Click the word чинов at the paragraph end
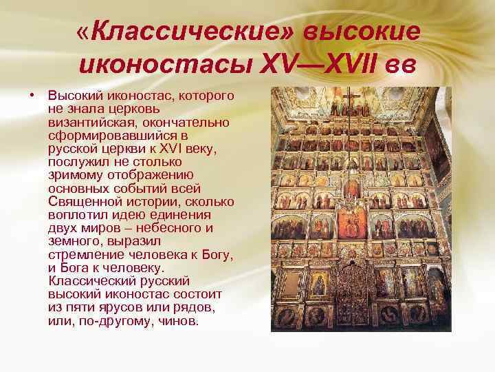click(178, 322)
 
